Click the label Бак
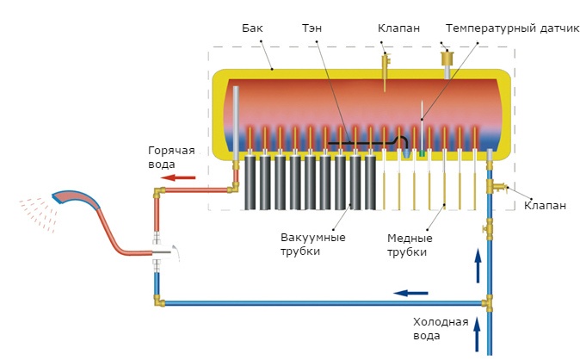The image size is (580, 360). point(253,28)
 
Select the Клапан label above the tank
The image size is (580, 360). point(398,28)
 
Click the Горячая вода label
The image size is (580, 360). point(171,157)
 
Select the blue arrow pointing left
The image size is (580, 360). point(410,293)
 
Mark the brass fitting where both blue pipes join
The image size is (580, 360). point(488,303)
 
